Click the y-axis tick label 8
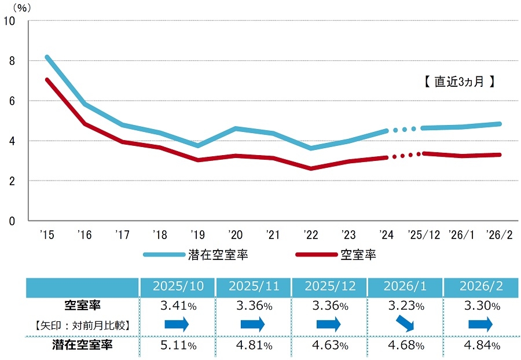[11, 61]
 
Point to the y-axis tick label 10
[9, 21]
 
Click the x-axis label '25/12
[424, 234]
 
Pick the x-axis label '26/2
[500, 234]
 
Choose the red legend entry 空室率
[358, 254]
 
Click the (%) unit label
[22, 8]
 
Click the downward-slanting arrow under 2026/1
[405, 325]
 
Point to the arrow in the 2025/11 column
[253, 325]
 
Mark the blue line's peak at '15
[47, 57]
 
